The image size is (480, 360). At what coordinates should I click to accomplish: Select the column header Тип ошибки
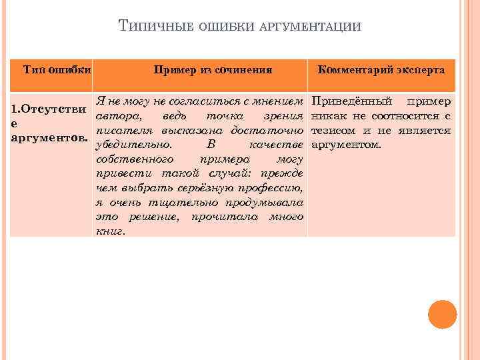pos(57,69)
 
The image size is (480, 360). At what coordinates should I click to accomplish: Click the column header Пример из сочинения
pos(213,69)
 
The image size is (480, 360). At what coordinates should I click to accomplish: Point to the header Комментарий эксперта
pos(382,69)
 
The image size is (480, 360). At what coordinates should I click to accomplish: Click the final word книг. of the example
pos(111,231)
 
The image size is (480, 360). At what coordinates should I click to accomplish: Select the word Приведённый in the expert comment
pos(345,101)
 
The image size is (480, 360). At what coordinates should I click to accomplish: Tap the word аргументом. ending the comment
pos(346,145)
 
